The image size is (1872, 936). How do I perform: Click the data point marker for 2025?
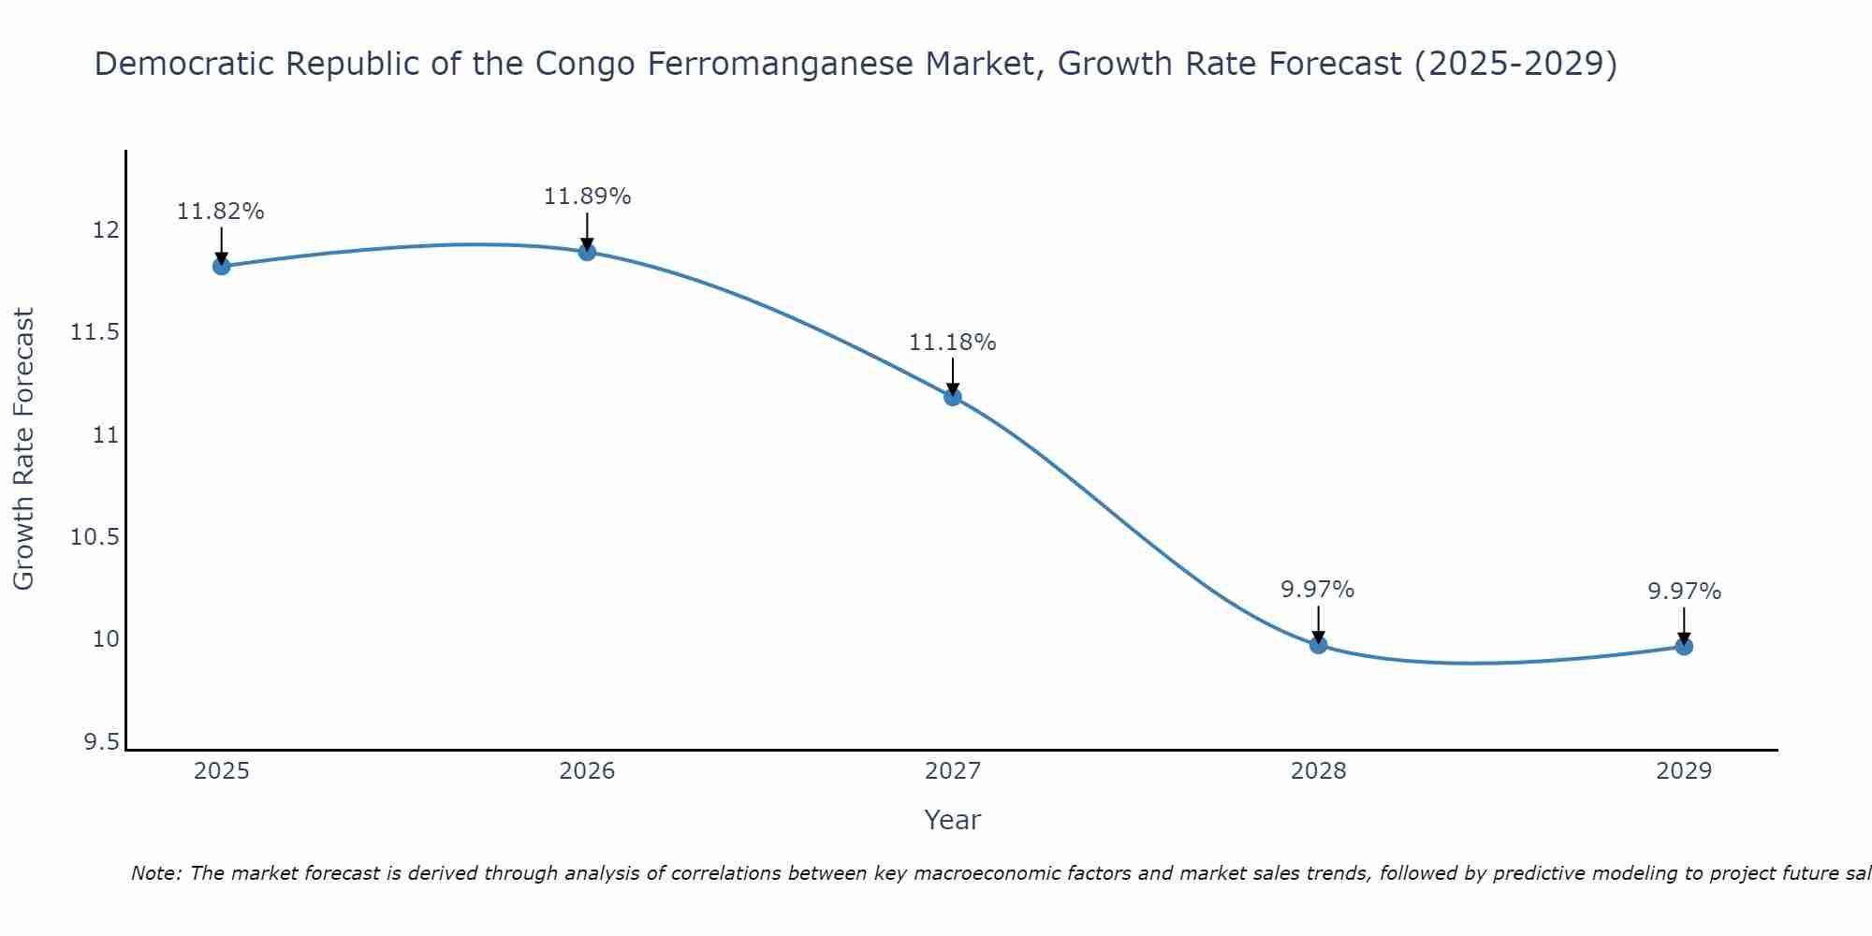click(x=221, y=266)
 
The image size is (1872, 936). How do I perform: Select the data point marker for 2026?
click(x=587, y=252)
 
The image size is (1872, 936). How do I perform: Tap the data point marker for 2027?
click(x=953, y=397)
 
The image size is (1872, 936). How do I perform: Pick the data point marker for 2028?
click(x=1318, y=644)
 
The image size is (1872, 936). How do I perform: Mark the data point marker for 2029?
click(x=1684, y=646)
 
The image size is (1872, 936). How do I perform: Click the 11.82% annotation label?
click(x=221, y=212)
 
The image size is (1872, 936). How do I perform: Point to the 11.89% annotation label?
click(x=587, y=197)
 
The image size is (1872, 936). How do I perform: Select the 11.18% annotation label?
click(x=953, y=343)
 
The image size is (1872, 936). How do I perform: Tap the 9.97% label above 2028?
click(x=1318, y=590)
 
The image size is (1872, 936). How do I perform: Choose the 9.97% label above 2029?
click(x=1684, y=592)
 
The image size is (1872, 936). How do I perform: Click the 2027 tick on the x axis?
click(x=953, y=771)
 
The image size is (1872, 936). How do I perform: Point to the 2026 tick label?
click(x=587, y=771)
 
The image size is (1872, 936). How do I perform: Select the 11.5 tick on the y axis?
click(x=95, y=333)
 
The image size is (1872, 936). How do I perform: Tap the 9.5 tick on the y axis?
click(x=101, y=742)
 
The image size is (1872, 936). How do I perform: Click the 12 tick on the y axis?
click(x=107, y=230)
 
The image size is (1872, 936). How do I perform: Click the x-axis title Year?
click(x=953, y=820)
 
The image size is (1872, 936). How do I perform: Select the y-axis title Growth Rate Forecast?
click(x=23, y=449)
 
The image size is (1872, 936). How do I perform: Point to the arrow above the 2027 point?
click(x=953, y=376)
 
